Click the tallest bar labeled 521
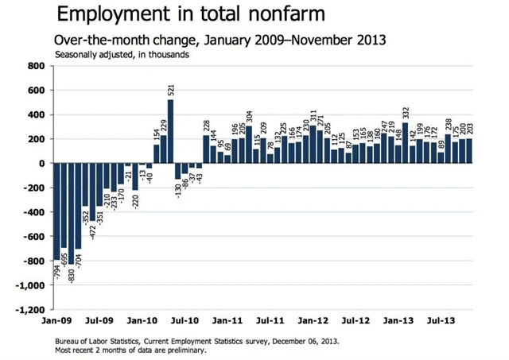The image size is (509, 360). (170, 131)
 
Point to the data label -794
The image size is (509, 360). (57, 270)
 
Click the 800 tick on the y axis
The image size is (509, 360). (35, 66)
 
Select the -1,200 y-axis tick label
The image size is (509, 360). (30, 311)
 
